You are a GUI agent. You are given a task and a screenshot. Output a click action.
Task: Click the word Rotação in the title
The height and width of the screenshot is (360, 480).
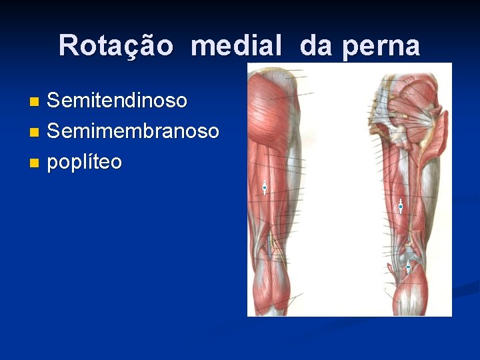click(x=115, y=46)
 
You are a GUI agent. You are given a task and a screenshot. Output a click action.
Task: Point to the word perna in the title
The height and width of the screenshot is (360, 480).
click(x=381, y=46)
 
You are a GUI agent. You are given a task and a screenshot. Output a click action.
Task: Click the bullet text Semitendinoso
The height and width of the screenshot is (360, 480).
click(x=117, y=101)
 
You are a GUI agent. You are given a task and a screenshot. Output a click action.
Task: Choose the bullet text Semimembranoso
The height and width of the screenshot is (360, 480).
click(x=133, y=131)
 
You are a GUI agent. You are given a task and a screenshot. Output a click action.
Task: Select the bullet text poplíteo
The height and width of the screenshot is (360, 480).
click(x=84, y=161)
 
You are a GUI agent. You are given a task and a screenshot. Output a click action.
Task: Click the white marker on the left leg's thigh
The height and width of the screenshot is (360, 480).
click(x=265, y=188)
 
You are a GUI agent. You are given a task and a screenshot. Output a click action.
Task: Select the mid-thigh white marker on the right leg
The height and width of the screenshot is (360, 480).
click(x=401, y=207)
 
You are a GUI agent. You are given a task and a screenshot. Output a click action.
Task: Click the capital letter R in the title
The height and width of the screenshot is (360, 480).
click(x=67, y=46)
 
